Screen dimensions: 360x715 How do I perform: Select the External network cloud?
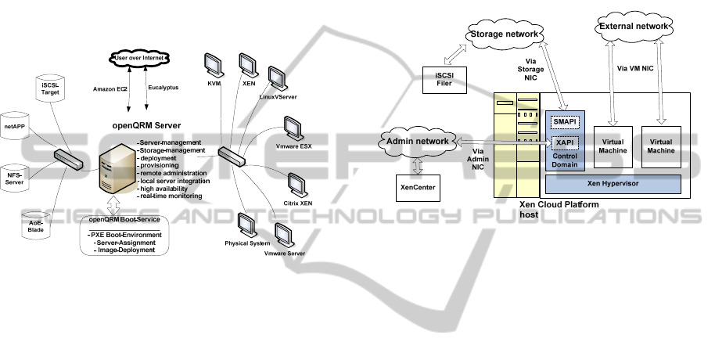pos(633,27)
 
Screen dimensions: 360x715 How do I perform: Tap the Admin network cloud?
pos(416,141)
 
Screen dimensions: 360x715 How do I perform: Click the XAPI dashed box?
pos(562,142)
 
